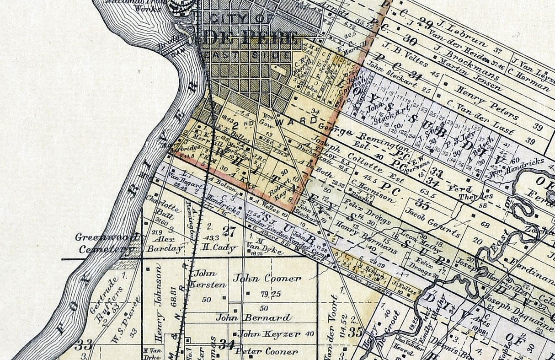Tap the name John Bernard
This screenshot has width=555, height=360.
click(x=254, y=317)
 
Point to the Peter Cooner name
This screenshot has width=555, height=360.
click(x=267, y=352)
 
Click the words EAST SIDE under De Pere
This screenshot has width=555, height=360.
click(x=246, y=55)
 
